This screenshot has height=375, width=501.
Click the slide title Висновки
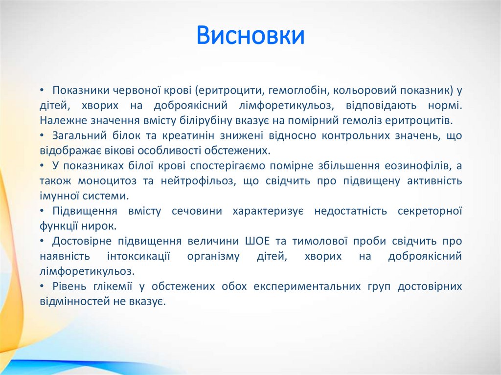coord(250,36)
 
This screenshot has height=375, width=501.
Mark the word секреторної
coord(430,211)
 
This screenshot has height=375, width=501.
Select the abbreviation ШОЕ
coord(256,241)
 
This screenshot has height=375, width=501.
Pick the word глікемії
coord(106,287)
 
